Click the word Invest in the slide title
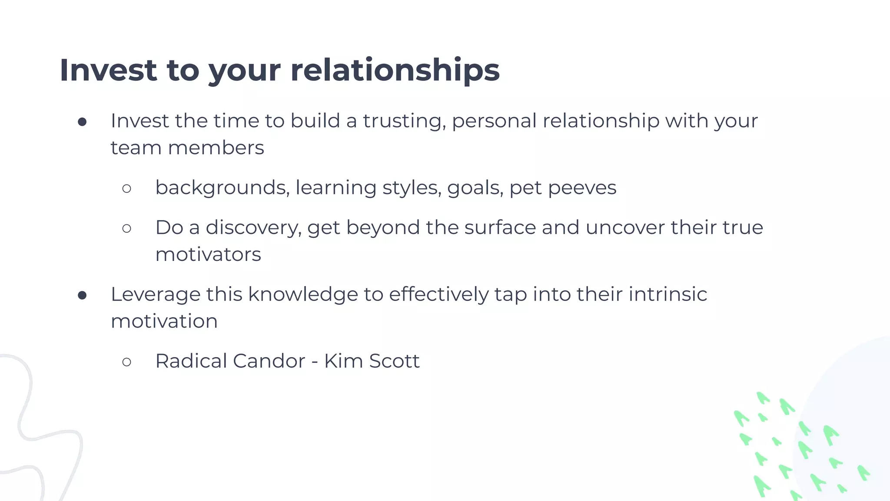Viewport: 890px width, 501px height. tap(108, 70)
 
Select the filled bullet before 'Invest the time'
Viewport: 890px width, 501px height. tap(82, 122)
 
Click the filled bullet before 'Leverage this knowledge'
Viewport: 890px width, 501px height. tap(82, 296)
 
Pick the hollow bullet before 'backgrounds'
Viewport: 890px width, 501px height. tap(126, 189)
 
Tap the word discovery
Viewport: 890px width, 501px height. tap(253, 227)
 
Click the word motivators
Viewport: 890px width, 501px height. tap(208, 254)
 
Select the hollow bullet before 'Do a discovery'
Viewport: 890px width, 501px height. tap(126, 228)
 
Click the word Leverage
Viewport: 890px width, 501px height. tap(155, 294)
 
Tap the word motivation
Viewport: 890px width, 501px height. tap(164, 321)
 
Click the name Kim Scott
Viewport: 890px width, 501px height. tap(372, 361)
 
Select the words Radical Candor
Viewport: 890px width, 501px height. tap(230, 361)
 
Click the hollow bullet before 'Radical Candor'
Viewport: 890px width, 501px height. tap(126, 362)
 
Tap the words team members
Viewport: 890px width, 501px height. tap(187, 148)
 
